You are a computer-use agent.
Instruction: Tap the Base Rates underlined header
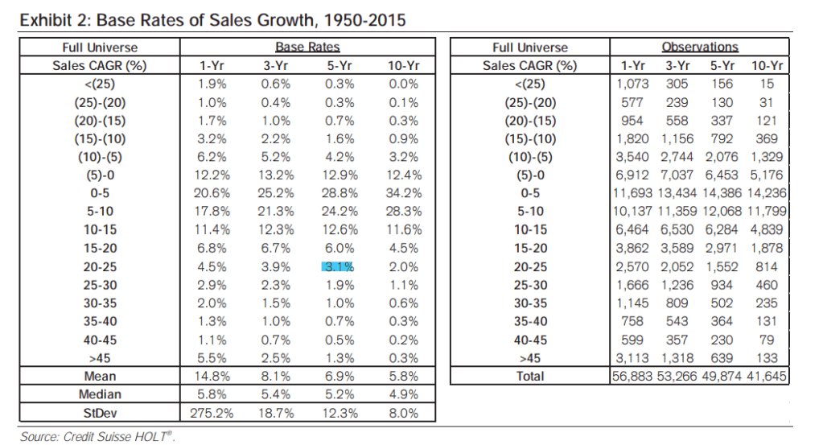click(x=309, y=47)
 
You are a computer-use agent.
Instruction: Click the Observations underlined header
click(x=700, y=47)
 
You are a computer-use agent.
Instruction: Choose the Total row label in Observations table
click(x=529, y=377)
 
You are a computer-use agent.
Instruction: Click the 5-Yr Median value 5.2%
click(x=338, y=395)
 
